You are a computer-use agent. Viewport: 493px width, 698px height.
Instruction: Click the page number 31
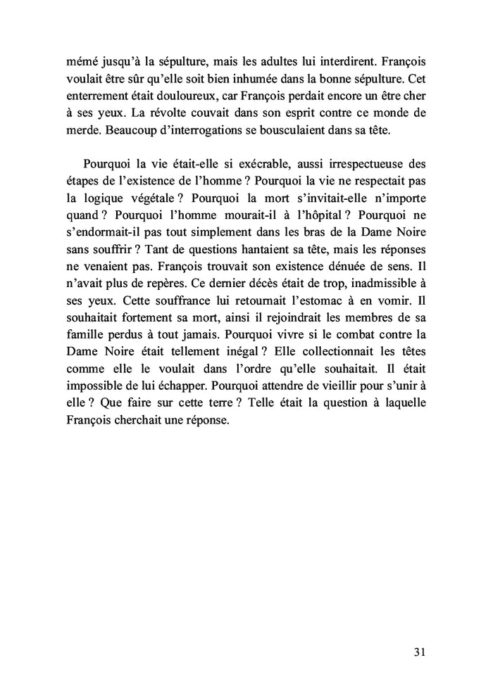pos(419,652)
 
